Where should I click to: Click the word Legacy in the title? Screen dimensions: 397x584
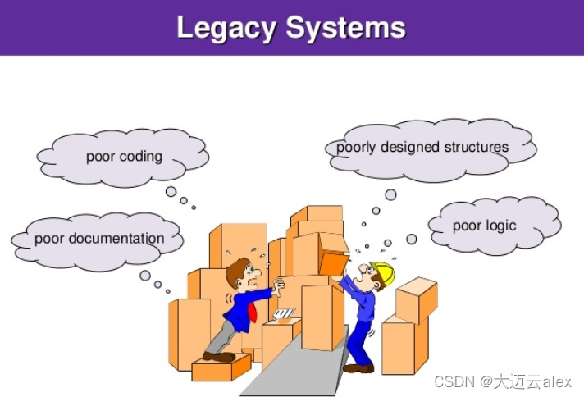pyautogui.click(x=226, y=28)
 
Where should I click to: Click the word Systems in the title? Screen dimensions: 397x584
pyautogui.click(x=345, y=28)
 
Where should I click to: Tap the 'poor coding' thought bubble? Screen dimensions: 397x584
pyautogui.click(x=123, y=157)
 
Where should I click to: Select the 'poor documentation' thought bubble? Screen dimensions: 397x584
pyautogui.click(x=98, y=239)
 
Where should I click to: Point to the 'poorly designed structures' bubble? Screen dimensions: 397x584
pyautogui.click(x=422, y=148)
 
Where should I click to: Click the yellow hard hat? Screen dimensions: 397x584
pyautogui.click(x=382, y=272)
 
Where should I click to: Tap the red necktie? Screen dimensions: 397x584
pyautogui.click(x=253, y=313)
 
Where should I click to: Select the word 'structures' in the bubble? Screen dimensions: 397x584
pyautogui.click(x=477, y=148)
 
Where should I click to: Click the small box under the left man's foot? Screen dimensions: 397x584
pyautogui.click(x=221, y=367)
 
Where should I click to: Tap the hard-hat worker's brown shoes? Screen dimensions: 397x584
pyautogui.click(x=358, y=368)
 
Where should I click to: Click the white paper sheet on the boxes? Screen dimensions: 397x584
pyautogui.click(x=285, y=313)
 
